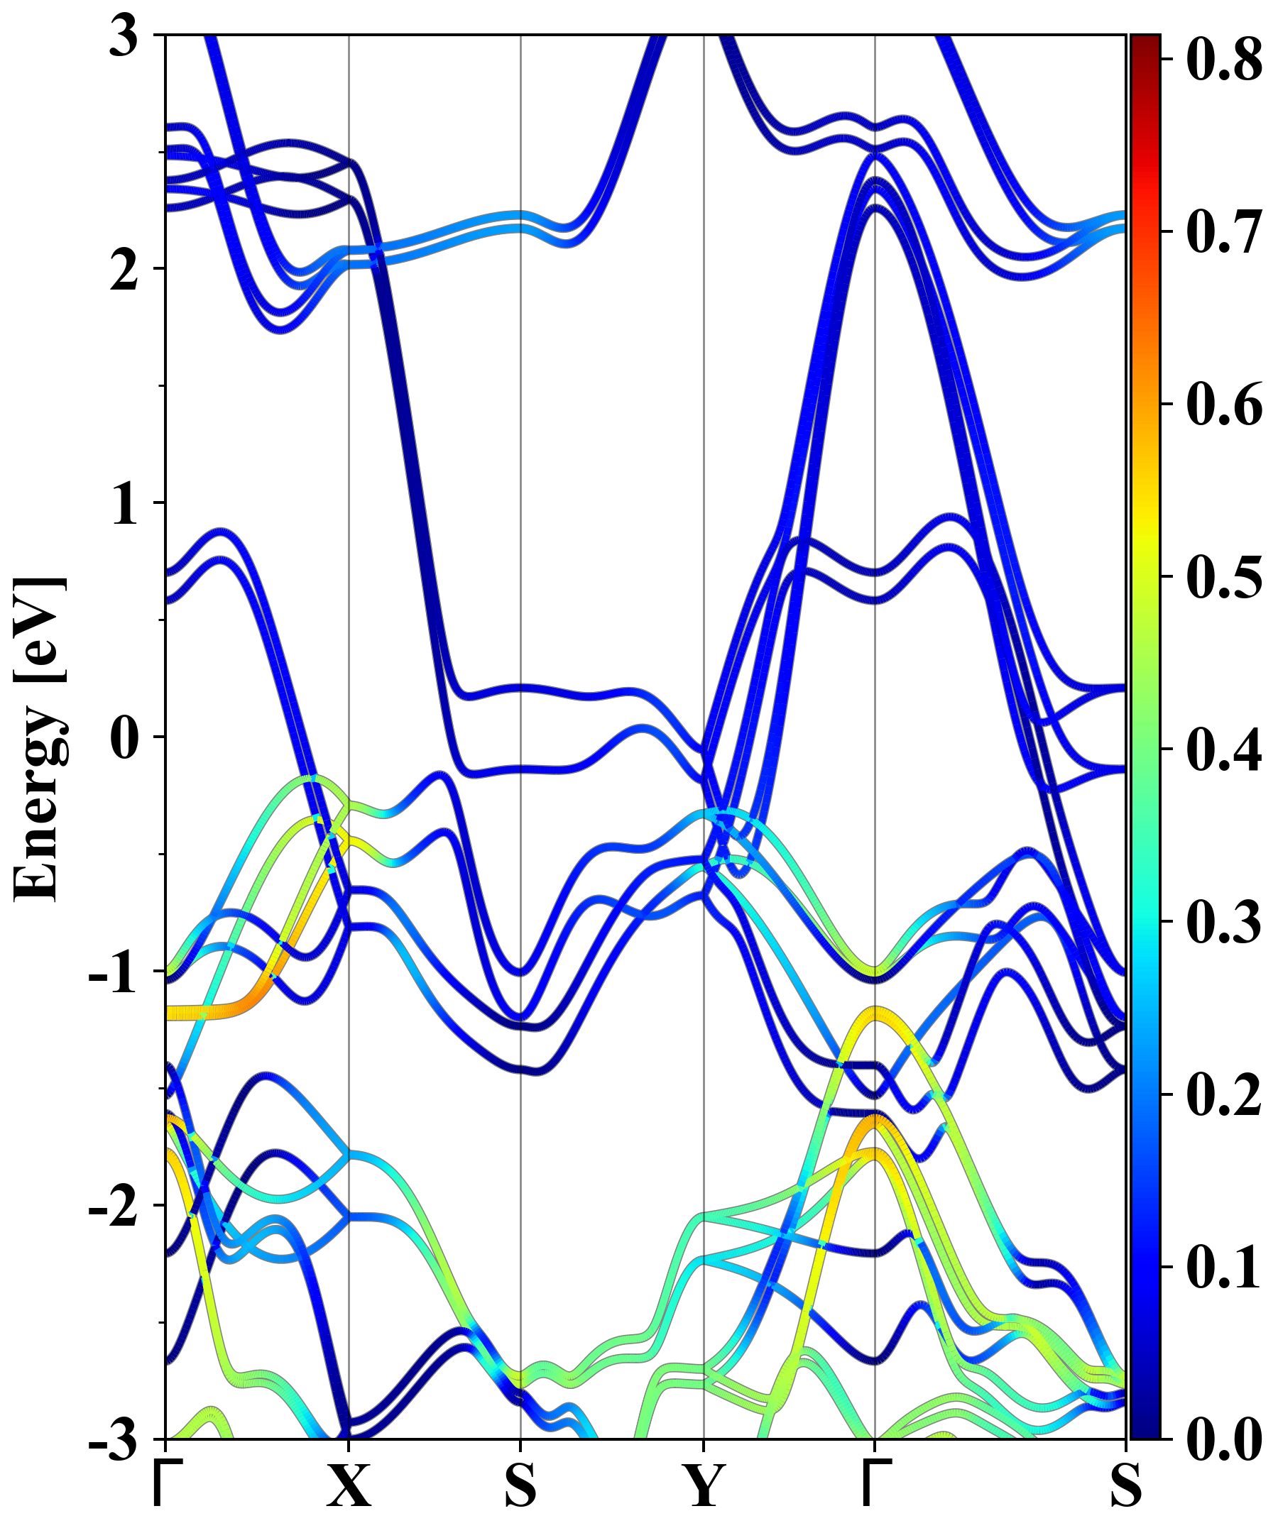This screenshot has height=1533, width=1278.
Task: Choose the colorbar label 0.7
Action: point(1223,231)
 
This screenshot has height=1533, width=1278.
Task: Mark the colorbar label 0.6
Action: point(1223,404)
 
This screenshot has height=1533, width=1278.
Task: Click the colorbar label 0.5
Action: point(1223,577)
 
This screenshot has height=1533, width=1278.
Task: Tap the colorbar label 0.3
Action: point(1223,921)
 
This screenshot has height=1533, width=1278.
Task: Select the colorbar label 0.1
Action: point(1223,1267)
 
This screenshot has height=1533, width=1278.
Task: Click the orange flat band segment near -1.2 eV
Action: point(219,1011)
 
